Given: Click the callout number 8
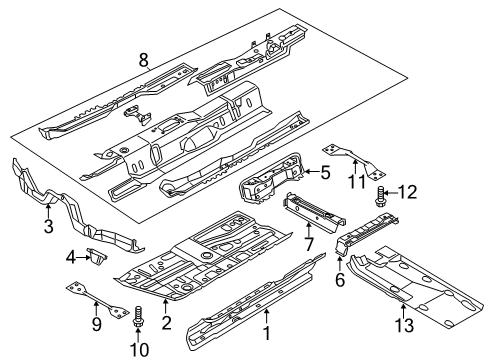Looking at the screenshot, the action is [143, 60].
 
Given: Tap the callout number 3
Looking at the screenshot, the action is [49, 226].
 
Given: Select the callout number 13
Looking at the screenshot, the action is [404, 325].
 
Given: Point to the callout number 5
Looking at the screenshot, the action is [325, 172].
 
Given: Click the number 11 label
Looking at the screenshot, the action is [356, 182].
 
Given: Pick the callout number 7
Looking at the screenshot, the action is [309, 244].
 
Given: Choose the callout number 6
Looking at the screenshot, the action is [339, 280].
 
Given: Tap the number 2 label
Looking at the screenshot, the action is [166, 323].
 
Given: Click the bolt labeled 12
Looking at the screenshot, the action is [380, 197].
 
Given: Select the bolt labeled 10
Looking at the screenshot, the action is [137, 317].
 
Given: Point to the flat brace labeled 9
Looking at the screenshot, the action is [97, 301].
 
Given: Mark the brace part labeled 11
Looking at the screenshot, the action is [354, 160].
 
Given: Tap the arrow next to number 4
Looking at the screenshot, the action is [83, 257].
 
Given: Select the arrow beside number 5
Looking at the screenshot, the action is [311, 171].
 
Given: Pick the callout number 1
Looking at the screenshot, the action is [267, 333].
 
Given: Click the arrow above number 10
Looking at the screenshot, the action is [138, 334].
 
